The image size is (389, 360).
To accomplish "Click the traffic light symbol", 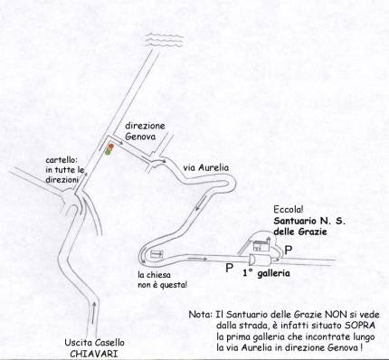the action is tap(109, 149).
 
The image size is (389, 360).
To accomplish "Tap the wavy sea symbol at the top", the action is tap(165, 40).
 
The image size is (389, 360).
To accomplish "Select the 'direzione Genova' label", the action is tap(145, 131).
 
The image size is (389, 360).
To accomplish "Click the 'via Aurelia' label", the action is tap(206, 167).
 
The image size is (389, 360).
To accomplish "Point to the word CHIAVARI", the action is tap(94, 354).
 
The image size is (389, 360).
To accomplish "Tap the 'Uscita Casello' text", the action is tap(94, 343).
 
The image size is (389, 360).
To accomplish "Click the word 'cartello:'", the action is tap(60, 160).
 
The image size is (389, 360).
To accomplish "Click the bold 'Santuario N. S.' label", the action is tap(309, 221).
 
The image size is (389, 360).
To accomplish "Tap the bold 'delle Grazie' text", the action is tap(300, 232).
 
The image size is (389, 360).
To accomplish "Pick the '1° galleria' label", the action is tap(266, 273).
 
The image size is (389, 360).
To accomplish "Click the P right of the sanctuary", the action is tap(289, 251).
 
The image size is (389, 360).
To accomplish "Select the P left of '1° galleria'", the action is tap(230, 268).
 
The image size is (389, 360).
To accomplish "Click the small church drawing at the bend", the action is tap(157, 254).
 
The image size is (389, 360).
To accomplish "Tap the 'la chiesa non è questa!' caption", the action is tap(162, 279).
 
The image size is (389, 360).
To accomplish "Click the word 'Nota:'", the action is tap(201, 315).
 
